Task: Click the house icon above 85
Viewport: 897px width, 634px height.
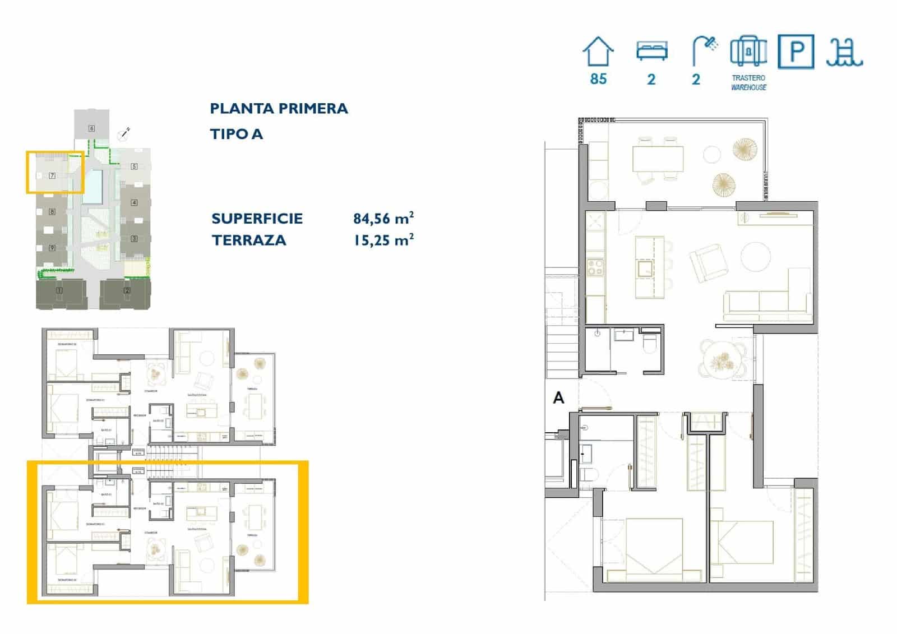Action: click(598, 52)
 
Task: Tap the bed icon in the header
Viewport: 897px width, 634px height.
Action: click(651, 51)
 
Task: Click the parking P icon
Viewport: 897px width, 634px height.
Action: click(796, 52)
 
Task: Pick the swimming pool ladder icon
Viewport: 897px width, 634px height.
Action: click(844, 53)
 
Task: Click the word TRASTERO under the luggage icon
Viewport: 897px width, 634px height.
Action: click(748, 78)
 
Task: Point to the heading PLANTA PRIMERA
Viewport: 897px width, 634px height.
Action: click(279, 108)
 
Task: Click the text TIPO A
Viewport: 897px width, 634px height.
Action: click(236, 134)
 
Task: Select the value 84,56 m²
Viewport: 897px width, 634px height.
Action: click(383, 218)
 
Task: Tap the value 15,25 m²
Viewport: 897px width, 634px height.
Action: click(383, 240)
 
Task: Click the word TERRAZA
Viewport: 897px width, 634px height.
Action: click(249, 240)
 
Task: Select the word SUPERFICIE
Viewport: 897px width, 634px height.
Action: click(257, 218)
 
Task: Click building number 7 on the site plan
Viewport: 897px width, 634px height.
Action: click(52, 175)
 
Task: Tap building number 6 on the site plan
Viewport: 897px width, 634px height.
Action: click(91, 128)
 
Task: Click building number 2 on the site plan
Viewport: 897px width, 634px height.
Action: click(127, 290)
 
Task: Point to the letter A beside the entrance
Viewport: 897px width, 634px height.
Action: click(558, 398)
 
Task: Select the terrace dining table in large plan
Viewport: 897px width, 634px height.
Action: click(658, 159)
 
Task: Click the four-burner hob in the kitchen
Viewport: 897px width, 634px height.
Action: click(595, 267)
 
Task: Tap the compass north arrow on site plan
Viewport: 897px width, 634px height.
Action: click(124, 134)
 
